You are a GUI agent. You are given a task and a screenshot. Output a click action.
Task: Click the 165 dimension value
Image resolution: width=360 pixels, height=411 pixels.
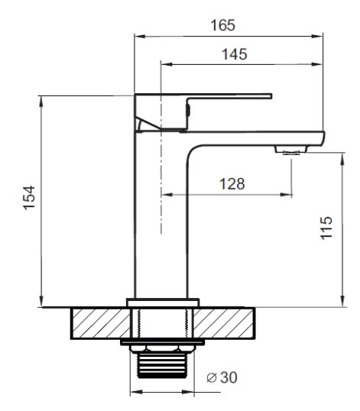pyautogui.click(x=223, y=25)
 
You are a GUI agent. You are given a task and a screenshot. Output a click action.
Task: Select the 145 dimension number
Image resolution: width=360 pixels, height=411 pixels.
pyautogui.click(x=235, y=54)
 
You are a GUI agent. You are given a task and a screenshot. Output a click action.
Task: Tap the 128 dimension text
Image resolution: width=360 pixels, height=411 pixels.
pyautogui.click(x=232, y=184)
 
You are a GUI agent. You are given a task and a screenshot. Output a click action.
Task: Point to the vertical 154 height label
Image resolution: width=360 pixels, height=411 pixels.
pyautogui.click(x=29, y=198)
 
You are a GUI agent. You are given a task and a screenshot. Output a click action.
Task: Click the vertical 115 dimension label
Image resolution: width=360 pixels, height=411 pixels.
pyautogui.click(x=326, y=228)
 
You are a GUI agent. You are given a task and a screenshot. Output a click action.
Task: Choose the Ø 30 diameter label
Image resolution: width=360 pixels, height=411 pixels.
pyautogui.click(x=222, y=377)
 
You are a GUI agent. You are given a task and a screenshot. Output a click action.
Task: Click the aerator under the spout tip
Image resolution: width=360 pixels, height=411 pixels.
pyautogui.click(x=291, y=150)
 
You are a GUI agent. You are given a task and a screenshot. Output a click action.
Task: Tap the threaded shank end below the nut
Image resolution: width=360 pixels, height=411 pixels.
pyautogui.click(x=162, y=365)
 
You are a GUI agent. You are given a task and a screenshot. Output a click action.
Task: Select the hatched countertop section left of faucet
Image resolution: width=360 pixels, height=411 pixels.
pyautogui.click(x=101, y=324)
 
